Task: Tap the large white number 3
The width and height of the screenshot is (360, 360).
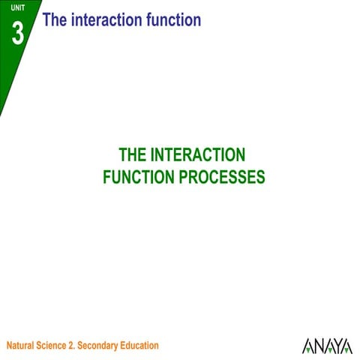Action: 18,33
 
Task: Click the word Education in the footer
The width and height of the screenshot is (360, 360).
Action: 142,346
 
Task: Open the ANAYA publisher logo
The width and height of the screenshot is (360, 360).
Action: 327,346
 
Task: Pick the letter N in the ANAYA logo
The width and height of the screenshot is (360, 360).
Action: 317,346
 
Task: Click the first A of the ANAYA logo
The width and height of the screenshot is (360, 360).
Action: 307,346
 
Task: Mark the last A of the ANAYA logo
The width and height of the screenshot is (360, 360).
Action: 346,346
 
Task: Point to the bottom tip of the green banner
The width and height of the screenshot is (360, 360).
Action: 1,115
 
